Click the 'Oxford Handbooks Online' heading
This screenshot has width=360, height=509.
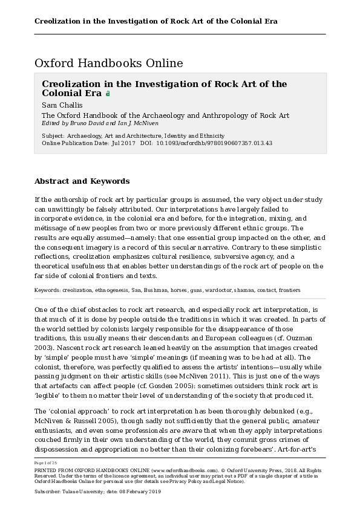[x=109, y=63]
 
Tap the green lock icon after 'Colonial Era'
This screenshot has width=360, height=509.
[x=108, y=94]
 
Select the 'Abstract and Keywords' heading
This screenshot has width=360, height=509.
[x=82, y=181]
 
